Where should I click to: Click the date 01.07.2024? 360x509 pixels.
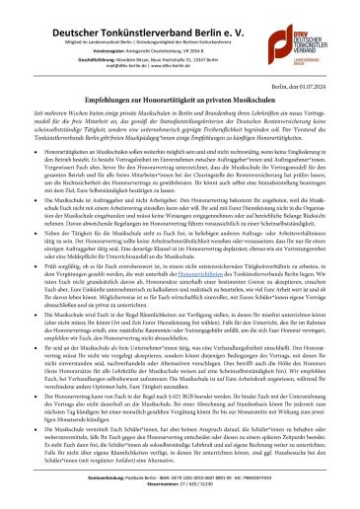(329, 86)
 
